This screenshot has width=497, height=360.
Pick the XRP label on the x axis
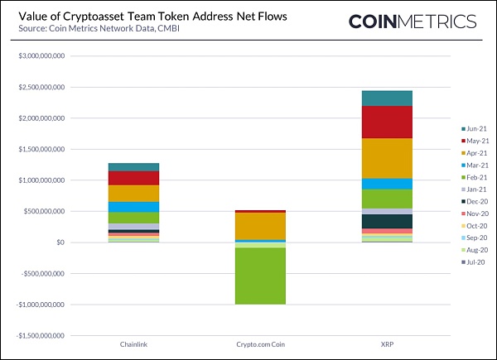point(386,343)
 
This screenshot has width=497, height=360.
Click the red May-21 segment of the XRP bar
point(387,122)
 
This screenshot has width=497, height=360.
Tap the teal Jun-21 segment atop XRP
point(387,98)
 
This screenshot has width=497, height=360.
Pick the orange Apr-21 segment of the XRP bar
point(387,158)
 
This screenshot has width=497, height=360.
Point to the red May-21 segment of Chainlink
point(134,178)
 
